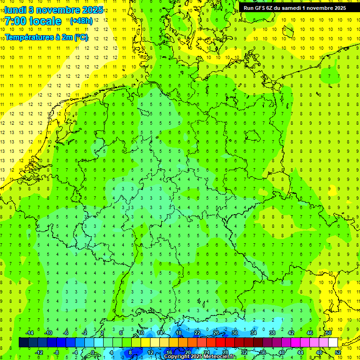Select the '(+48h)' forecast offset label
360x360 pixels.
(81, 21)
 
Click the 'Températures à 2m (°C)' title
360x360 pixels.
(46, 37)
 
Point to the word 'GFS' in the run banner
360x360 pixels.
(262, 7)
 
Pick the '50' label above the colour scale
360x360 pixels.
(329, 333)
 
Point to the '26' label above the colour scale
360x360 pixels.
(216, 333)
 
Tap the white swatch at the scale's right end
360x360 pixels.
(333, 343)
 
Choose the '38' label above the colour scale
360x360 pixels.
(272, 333)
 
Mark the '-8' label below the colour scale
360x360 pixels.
(57, 352)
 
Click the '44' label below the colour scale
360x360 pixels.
(300, 352)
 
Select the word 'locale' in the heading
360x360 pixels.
(45, 21)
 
